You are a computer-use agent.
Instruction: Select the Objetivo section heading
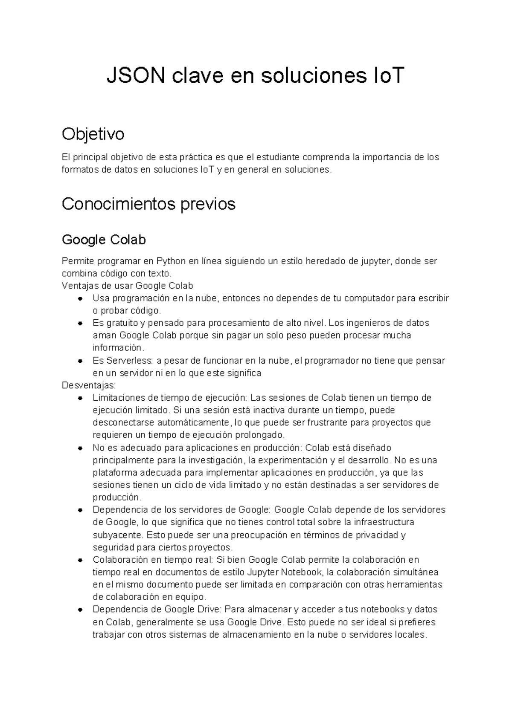[93, 134]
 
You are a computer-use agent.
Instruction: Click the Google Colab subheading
[104, 240]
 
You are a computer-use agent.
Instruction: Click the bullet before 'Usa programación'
[80, 298]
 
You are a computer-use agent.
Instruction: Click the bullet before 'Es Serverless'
[80, 361]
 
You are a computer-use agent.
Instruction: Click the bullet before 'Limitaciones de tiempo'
[80, 398]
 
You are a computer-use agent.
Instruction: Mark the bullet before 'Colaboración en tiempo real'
[80, 560]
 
